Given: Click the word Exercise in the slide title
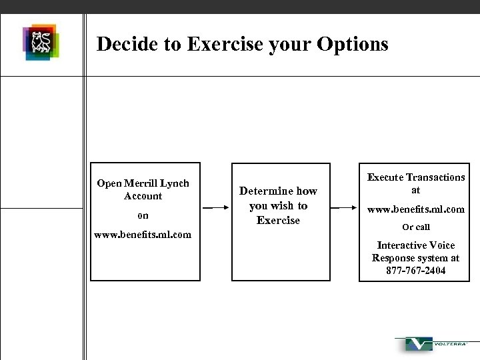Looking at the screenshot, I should (x=223, y=44).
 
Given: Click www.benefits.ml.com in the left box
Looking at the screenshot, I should (x=143, y=235).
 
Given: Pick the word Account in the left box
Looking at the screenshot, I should (x=143, y=196).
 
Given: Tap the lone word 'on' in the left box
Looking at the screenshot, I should (x=143, y=215).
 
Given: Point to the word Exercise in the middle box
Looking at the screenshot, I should (x=278, y=220).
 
